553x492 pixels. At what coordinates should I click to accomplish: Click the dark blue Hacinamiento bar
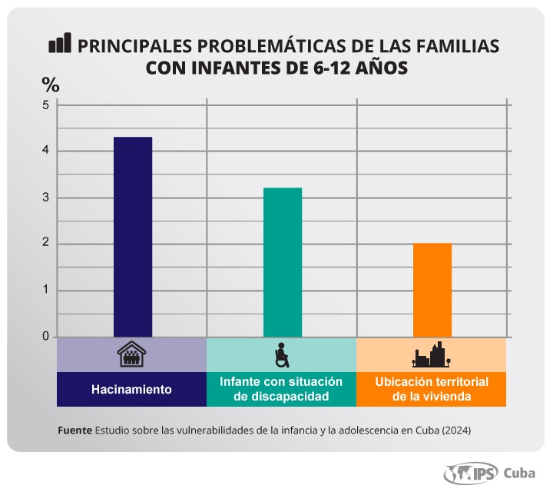point(132,237)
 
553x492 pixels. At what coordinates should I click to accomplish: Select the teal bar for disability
point(282,262)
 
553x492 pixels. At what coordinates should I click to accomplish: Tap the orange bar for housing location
point(432,290)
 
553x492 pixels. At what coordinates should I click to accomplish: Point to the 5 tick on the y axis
point(45,105)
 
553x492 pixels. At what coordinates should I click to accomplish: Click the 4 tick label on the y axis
point(45,151)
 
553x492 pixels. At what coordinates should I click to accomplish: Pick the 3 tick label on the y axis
point(45,198)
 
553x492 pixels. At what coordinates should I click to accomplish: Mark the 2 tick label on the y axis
point(45,244)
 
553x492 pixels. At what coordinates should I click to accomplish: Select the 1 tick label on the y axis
point(45,291)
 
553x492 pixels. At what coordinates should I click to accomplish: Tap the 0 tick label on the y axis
point(45,337)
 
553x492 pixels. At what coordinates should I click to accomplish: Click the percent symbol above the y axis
point(50,83)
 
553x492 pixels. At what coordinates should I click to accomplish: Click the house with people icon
point(131,355)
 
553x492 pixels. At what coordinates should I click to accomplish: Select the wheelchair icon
point(282,355)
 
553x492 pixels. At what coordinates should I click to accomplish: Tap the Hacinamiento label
point(131,389)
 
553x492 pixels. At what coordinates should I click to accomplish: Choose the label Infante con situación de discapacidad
point(281,389)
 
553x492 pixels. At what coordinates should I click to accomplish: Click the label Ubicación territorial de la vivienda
point(431,389)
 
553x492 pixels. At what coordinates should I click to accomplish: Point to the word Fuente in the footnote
point(75,430)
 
